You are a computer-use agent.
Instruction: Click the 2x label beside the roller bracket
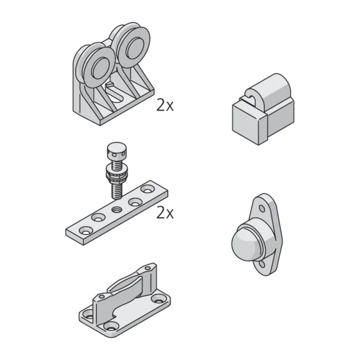pyautogui.click(x=165, y=106)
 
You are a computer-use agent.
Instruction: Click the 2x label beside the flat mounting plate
pyautogui.click(x=165, y=213)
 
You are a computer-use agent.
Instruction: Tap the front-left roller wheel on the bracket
pyautogui.click(x=99, y=67)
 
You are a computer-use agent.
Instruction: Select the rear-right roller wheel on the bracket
pyautogui.click(x=133, y=47)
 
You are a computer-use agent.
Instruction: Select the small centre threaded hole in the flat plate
pyautogui.click(x=116, y=209)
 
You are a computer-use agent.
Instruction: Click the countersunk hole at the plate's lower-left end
pyautogui.click(x=86, y=231)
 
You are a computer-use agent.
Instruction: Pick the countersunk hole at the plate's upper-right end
pyautogui.click(x=147, y=190)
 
